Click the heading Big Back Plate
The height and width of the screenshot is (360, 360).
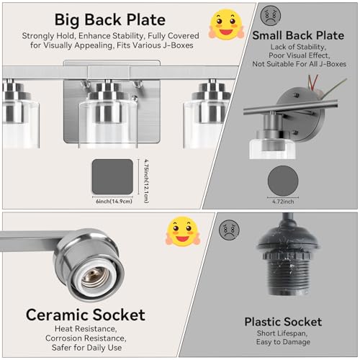pos(110,19)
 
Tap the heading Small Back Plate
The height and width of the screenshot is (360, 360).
pos(298,35)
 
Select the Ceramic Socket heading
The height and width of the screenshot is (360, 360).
pos(86,315)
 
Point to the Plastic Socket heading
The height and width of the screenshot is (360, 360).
pos(283,322)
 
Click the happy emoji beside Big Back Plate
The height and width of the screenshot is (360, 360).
pos(226,24)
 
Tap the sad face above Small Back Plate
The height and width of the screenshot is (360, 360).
pos(271,15)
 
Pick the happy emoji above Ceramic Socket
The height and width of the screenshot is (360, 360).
pos(183,231)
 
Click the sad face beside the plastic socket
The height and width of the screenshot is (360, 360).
pos(229,230)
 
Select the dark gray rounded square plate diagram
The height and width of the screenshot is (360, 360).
pos(112,176)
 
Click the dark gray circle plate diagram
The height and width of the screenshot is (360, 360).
pos(283,181)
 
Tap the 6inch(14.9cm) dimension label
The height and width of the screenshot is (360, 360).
pos(114,202)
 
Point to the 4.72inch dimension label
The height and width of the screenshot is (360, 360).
pos(283,202)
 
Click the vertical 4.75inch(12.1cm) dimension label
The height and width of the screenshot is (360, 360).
pos(146,181)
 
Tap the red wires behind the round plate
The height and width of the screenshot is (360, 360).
pos(313,83)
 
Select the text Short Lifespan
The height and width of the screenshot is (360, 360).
pos(282,333)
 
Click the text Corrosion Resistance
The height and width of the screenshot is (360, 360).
pos(86,338)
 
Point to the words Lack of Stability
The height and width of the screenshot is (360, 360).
pos(298,47)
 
